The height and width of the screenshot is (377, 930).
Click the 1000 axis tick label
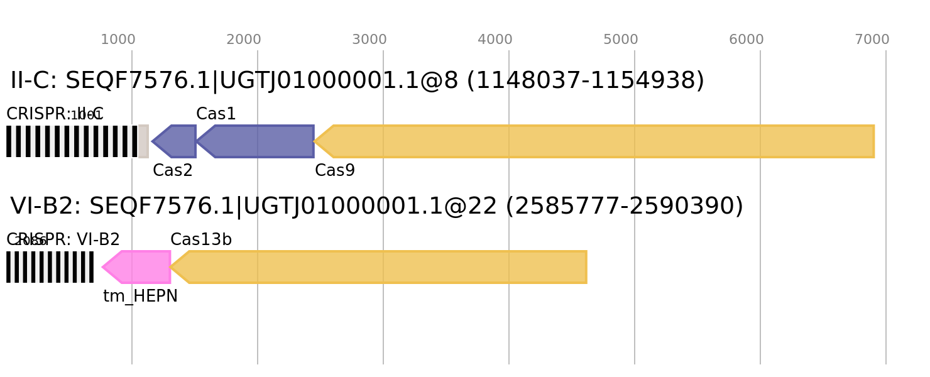coord(118,40)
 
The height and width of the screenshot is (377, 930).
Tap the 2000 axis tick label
coord(244,40)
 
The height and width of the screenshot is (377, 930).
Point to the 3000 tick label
coord(369,40)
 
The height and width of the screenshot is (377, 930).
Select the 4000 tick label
coord(495,40)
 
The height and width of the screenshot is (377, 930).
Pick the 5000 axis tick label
coord(621,40)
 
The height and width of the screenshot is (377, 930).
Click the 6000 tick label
coord(747,40)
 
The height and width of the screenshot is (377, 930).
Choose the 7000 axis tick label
coord(872,40)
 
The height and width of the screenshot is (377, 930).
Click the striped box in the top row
coord(72,141)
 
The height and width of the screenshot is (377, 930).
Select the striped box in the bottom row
coord(50,267)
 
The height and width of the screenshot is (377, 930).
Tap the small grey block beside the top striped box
coord(144,141)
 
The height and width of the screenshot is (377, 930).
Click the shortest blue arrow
coord(175,141)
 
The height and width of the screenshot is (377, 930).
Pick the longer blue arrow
coord(258,141)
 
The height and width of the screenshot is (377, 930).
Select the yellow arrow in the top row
coord(597,141)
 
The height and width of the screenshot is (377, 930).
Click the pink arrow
coord(138,267)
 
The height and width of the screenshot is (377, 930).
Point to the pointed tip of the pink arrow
coord(102,267)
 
